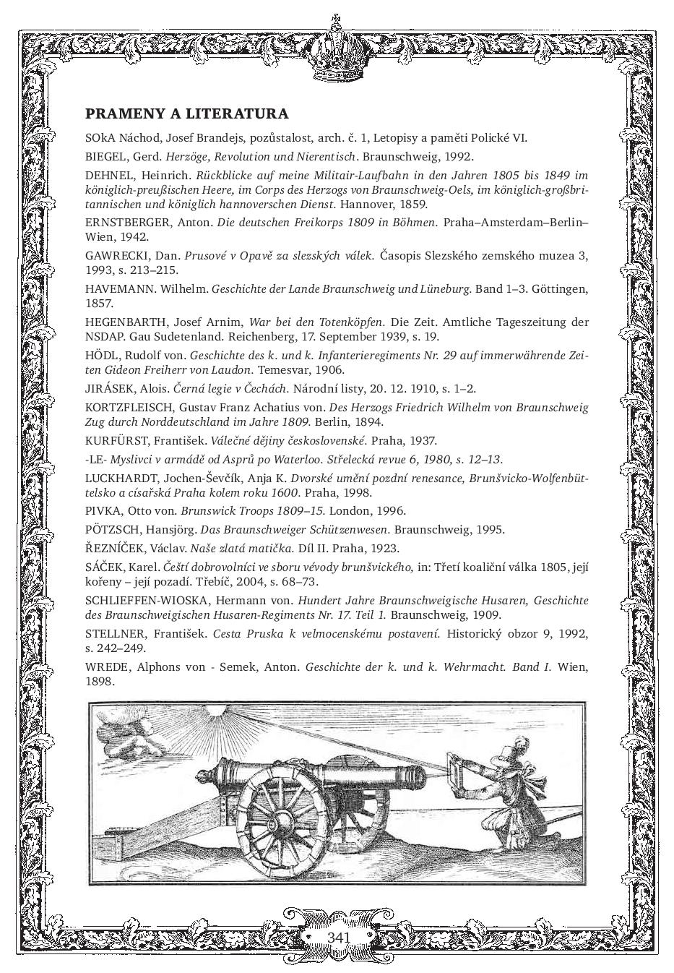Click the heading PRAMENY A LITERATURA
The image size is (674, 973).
coord(186,114)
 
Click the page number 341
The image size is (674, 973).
coord(338,938)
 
